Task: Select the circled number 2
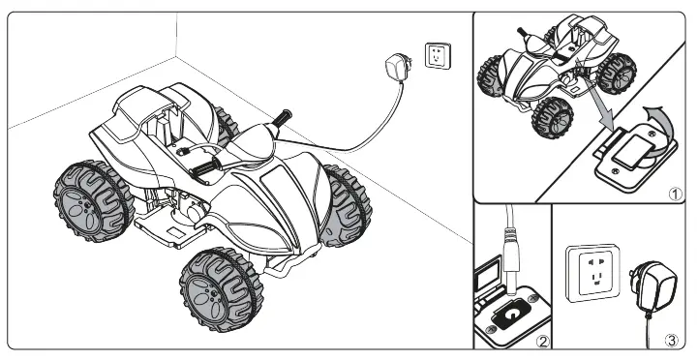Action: [x=543, y=339]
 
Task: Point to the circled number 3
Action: [x=673, y=339]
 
